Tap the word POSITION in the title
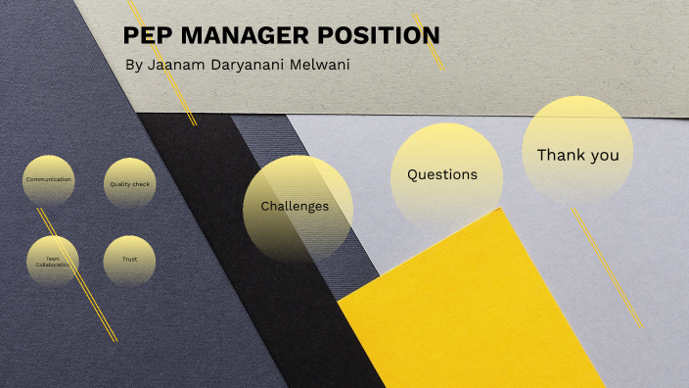379,36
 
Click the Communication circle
49,180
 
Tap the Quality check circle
129,183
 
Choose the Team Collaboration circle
53,262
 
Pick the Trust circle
129,261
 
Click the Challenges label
295,207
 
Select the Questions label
442,174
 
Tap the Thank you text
577,155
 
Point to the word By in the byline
134,65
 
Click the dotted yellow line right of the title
429,41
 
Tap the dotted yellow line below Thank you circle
607,265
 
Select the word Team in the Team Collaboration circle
53,259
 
